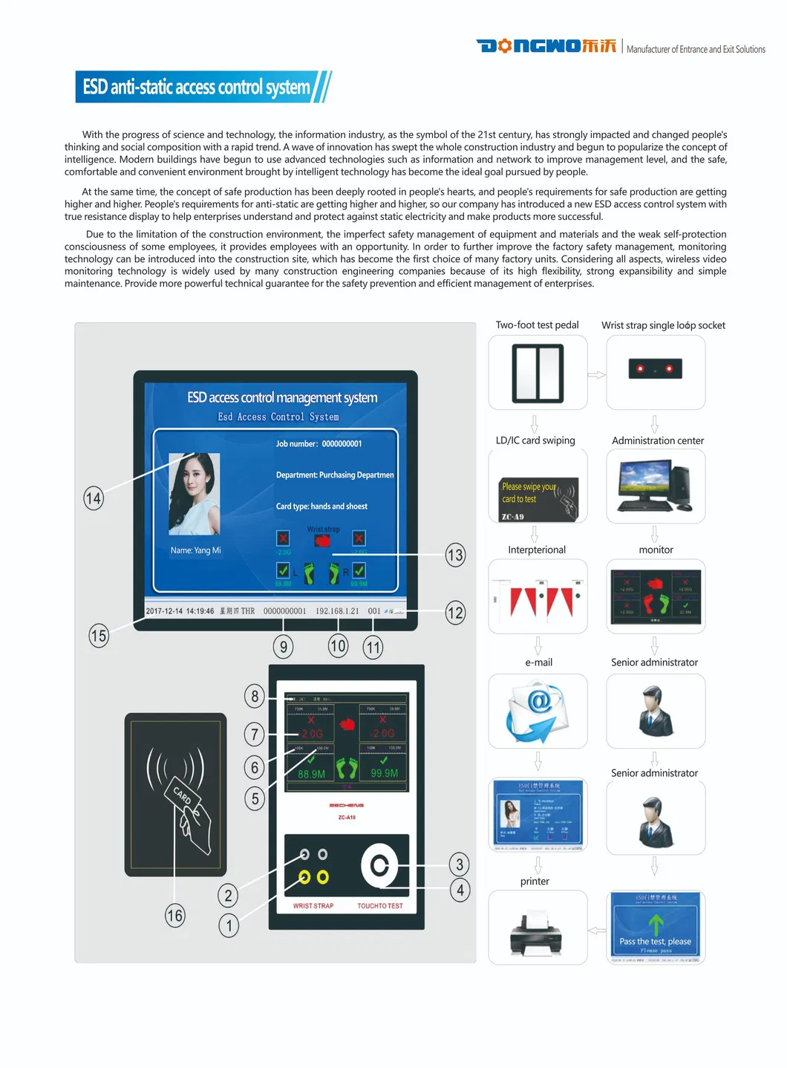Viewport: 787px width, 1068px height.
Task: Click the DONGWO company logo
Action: coord(546,46)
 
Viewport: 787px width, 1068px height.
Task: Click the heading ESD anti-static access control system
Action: coord(197,87)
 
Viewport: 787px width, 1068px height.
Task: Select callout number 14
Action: coord(94,498)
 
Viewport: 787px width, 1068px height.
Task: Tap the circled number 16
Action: coord(175,915)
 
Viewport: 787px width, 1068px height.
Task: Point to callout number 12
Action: coord(455,613)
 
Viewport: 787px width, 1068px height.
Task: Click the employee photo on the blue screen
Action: coord(195,494)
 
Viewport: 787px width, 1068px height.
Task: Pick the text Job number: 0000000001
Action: coord(319,444)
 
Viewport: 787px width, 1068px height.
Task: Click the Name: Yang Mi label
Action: coord(195,550)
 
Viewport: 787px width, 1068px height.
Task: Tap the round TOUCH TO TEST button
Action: coord(379,865)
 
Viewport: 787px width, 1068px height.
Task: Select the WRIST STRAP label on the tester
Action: coord(313,906)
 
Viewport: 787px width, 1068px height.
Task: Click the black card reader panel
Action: coord(175,794)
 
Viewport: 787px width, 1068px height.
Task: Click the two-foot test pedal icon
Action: coord(538,373)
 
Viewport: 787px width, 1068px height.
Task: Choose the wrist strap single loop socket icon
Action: coord(656,369)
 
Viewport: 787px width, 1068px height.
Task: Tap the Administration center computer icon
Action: coord(656,487)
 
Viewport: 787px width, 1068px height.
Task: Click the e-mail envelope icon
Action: coord(538,712)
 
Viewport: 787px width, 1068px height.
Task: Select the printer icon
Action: coord(538,928)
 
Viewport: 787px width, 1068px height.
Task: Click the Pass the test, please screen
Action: coord(656,928)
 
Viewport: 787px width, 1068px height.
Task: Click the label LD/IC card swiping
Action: coord(535,440)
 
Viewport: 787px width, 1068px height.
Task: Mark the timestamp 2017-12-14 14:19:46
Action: coord(180,611)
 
